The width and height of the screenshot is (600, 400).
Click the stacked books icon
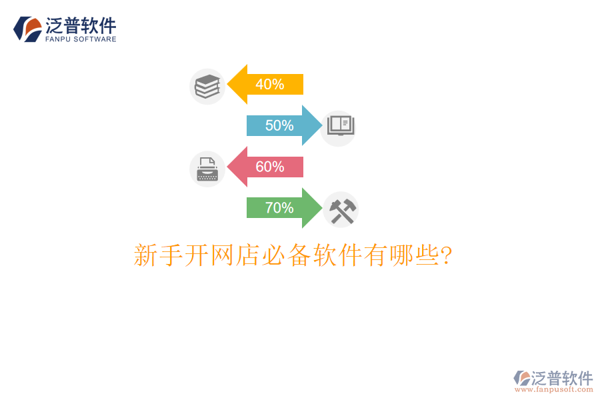click(207, 87)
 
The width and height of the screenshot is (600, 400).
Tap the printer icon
click(207, 169)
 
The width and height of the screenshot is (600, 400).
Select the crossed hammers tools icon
click(341, 210)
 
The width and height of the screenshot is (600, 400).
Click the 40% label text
click(270, 85)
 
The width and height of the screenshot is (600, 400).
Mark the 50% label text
click(279, 125)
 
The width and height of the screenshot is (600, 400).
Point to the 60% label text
click(270, 167)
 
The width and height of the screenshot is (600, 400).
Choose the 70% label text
click(279, 208)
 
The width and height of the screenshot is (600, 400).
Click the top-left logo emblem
click(27, 29)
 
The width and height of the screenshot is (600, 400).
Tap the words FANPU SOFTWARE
click(81, 39)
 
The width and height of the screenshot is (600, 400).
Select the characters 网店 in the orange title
click(234, 255)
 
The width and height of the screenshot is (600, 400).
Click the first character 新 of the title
click(146, 255)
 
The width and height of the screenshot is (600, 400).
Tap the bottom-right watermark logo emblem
click(521, 379)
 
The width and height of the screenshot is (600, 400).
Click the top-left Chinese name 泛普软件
click(81, 25)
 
